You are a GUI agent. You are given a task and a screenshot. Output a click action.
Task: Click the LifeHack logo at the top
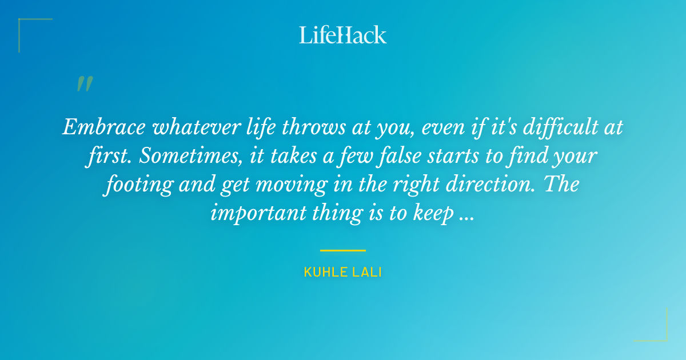343,35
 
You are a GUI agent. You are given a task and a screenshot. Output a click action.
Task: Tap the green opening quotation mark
84,84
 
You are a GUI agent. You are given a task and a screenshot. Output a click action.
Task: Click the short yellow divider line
342,250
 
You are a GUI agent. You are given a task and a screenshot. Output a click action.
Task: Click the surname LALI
367,272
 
